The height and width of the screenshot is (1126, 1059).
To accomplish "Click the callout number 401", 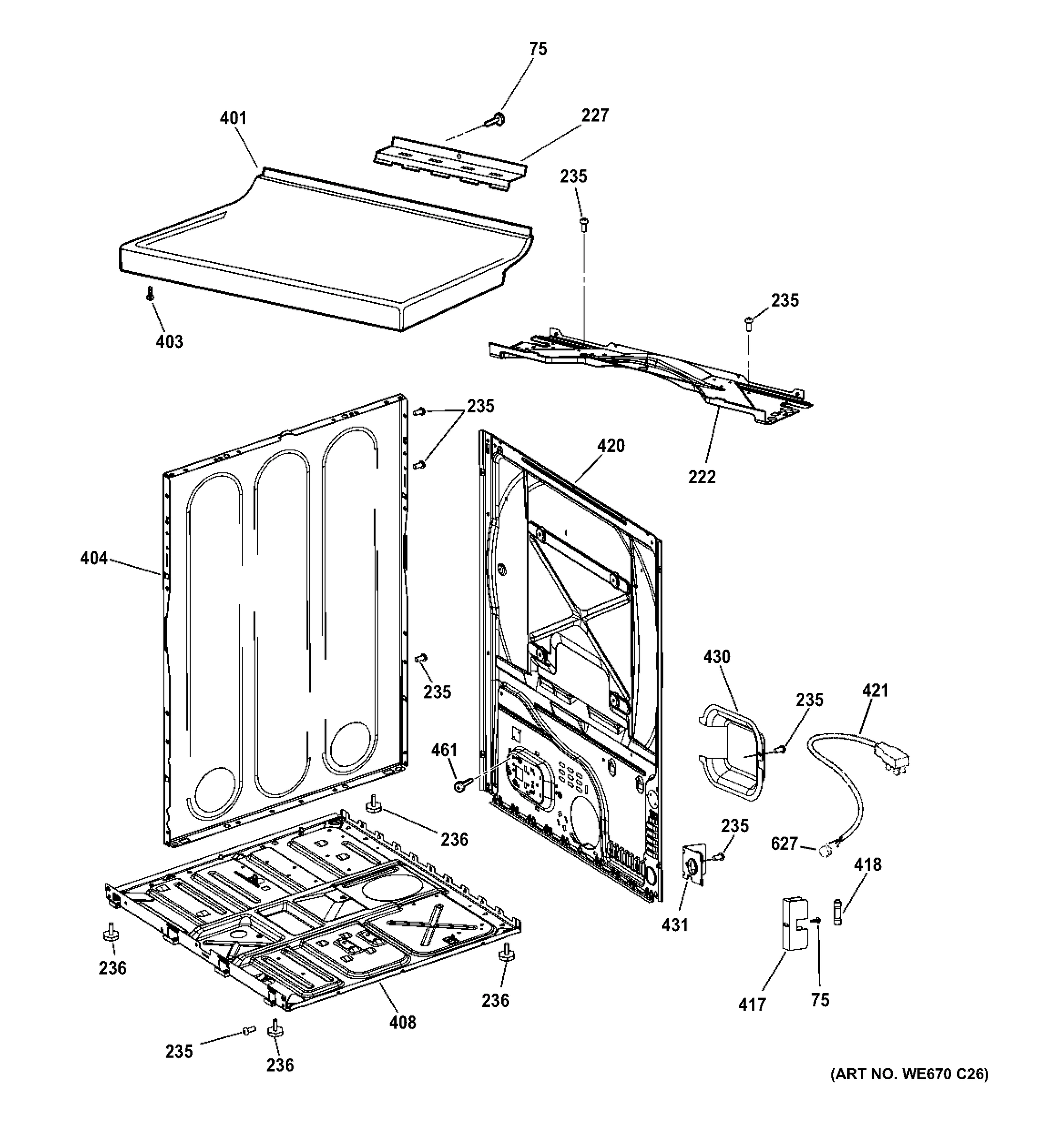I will [x=233, y=118].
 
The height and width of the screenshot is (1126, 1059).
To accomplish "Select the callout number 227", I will [x=594, y=115].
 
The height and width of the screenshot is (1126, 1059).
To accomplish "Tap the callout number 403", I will [x=169, y=342].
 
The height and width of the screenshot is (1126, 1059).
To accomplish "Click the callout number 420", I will [x=611, y=446].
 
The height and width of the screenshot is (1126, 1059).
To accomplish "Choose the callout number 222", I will [x=702, y=477].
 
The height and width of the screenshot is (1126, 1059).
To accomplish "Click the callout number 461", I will [x=444, y=751].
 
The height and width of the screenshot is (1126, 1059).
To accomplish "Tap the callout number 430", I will [x=717, y=657].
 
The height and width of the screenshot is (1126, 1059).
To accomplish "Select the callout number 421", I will [x=875, y=691].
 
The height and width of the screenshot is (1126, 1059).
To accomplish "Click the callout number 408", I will [x=403, y=1022].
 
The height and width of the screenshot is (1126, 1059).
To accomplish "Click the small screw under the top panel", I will [x=150, y=293].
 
